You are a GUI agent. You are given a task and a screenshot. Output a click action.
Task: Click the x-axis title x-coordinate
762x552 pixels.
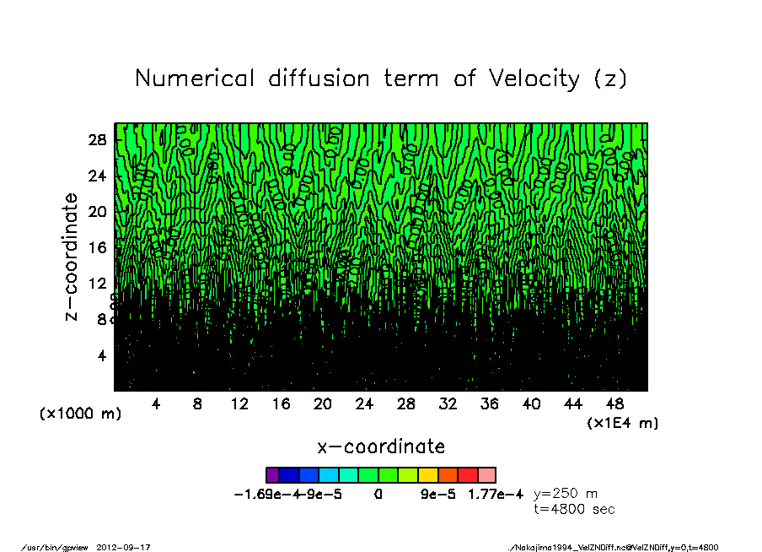click(381, 446)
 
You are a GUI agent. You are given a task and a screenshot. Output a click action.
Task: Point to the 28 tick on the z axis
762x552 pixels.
click(98, 140)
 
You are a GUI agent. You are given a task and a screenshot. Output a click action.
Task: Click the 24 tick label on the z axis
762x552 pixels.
click(98, 176)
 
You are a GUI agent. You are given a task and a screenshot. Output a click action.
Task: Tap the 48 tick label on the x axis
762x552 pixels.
click(614, 404)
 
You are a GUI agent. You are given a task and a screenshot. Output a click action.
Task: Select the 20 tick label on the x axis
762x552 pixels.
click(323, 404)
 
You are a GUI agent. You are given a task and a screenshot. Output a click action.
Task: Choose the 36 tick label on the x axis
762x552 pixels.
click(490, 404)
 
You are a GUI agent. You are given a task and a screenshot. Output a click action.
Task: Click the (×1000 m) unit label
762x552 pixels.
click(80, 414)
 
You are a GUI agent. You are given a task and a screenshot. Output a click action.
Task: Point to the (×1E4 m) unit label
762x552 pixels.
click(623, 422)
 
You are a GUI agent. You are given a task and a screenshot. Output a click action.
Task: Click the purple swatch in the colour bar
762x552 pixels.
click(272, 475)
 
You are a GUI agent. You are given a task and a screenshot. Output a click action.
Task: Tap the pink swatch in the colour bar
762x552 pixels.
click(487, 475)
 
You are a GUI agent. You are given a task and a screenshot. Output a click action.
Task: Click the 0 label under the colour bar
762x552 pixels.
click(378, 495)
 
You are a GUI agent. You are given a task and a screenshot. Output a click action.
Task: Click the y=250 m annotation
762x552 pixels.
click(566, 494)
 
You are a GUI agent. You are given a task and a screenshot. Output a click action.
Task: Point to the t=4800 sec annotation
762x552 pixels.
click(575, 509)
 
